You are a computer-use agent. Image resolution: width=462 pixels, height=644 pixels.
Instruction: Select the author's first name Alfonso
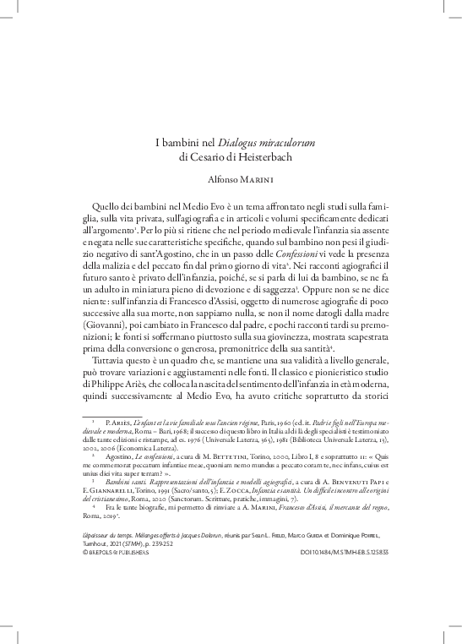click(x=226, y=180)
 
